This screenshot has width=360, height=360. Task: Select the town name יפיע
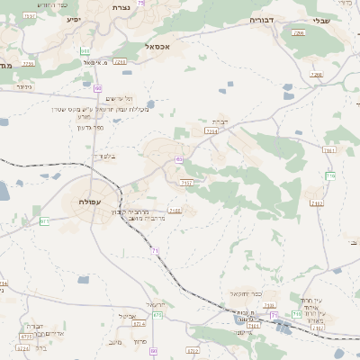74,18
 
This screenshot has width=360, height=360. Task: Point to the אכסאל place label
169,45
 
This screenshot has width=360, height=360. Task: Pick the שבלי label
321,20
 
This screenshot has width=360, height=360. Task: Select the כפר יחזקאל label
245,293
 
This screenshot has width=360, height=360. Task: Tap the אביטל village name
127,316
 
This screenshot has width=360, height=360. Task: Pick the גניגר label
24,86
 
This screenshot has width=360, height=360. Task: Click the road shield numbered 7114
211,131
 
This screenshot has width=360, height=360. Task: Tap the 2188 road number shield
175,211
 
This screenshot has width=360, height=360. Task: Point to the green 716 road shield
330,176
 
